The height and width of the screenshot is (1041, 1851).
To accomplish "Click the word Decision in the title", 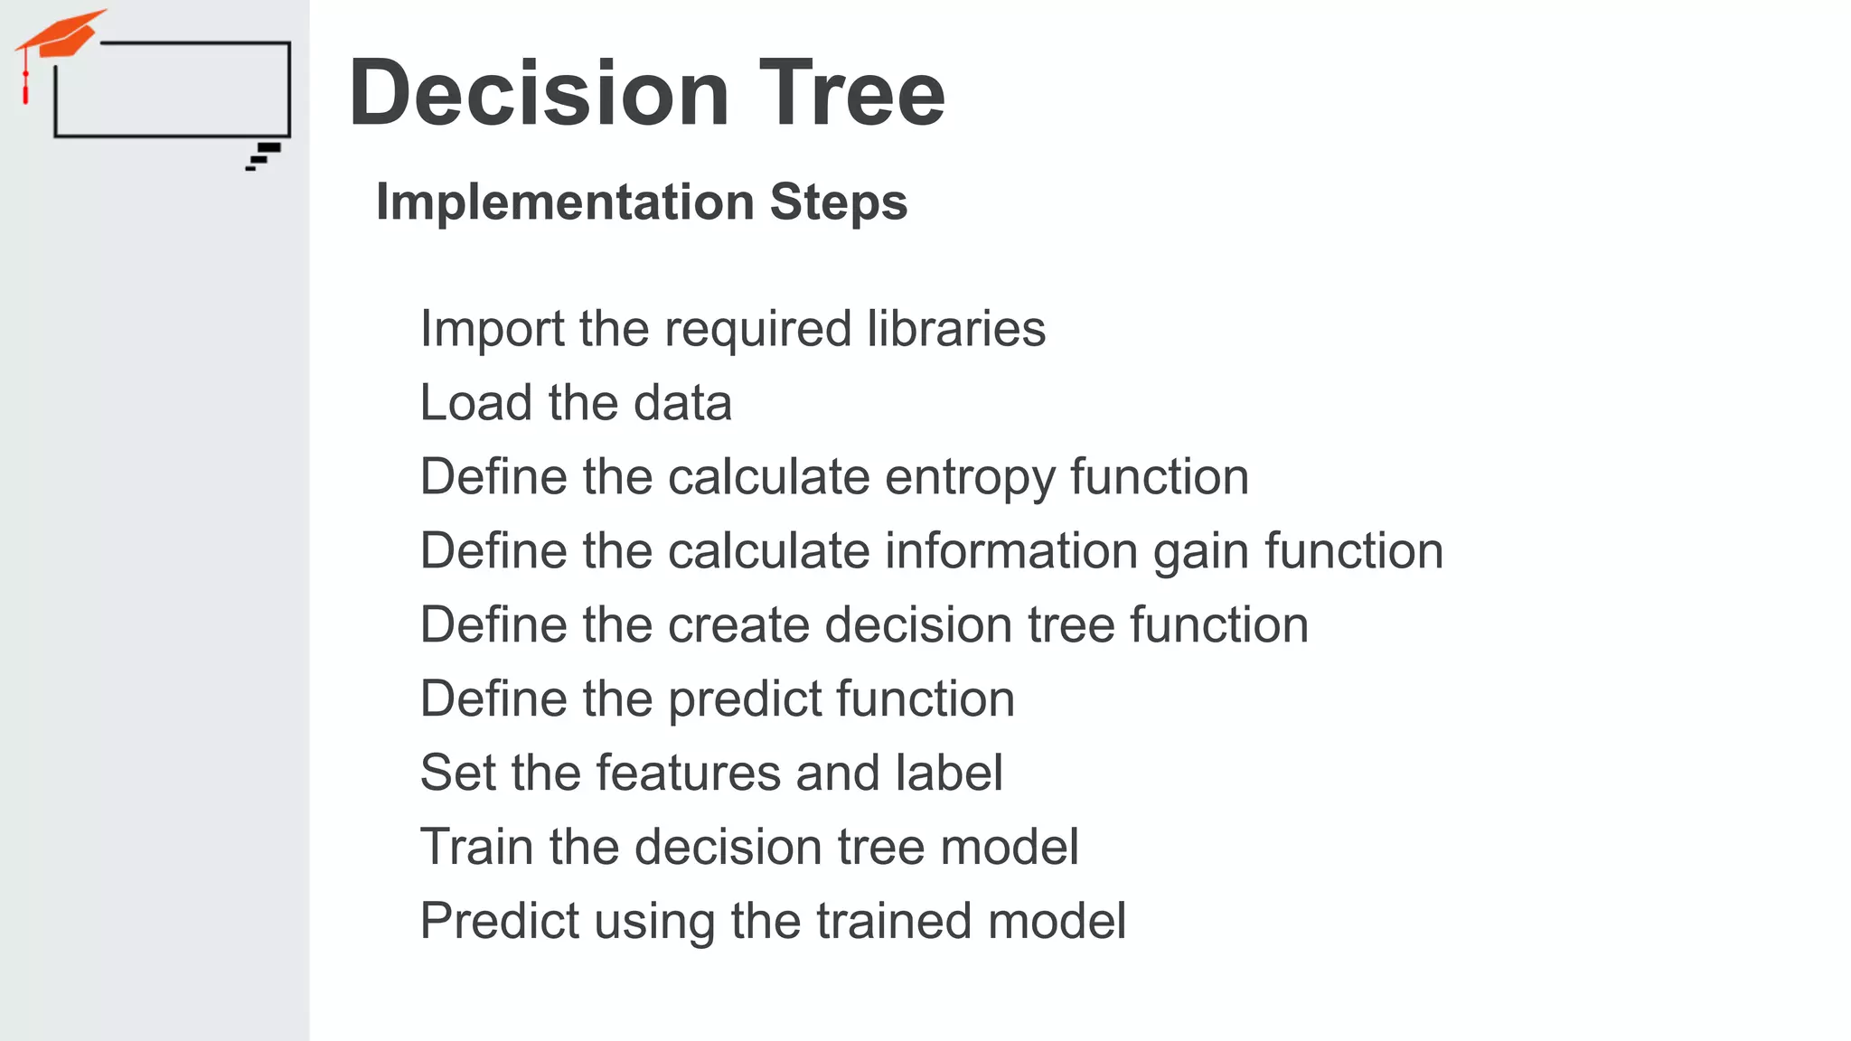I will [x=539, y=93].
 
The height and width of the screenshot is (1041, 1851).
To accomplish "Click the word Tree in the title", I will [x=851, y=93].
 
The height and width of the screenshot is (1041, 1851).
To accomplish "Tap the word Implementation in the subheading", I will [x=565, y=202].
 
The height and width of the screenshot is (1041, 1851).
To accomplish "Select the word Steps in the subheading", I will [x=839, y=202].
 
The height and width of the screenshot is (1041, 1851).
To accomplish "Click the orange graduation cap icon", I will [x=61, y=34].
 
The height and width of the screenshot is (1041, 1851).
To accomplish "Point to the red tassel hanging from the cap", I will [x=25, y=87].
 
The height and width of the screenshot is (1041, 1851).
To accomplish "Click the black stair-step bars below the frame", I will [x=264, y=155].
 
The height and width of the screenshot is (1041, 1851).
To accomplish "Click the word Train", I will [x=476, y=848].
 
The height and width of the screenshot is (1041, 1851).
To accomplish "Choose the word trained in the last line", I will [x=894, y=922].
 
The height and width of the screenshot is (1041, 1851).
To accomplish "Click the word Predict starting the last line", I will [x=500, y=922].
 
